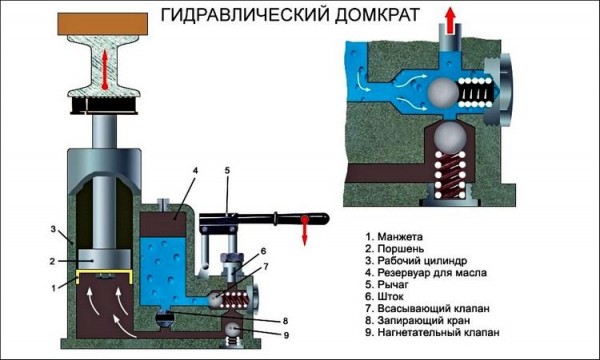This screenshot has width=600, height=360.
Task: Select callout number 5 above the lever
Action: tap(227, 172)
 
